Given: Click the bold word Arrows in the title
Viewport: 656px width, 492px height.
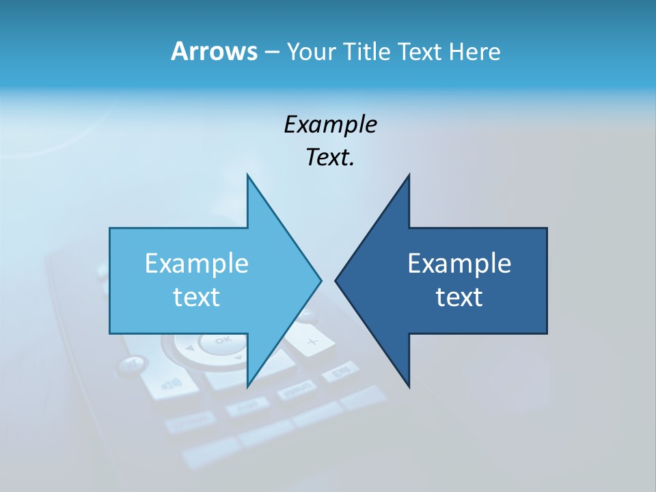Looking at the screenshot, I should [x=214, y=51].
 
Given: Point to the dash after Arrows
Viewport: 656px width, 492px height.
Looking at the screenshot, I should [x=271, y=52].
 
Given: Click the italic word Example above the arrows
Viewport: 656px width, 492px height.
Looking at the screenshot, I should [x=330, y=124].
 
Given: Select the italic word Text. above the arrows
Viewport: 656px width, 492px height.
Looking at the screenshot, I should [x=330, y=158].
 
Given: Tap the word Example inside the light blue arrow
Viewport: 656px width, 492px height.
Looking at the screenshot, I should [x=197, y=263].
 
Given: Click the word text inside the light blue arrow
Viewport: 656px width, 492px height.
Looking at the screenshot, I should [x=197, y=297].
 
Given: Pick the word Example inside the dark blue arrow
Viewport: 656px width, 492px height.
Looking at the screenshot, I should [x=459, y=263].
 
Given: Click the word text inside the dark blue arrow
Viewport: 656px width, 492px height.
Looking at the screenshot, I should [x=459, y=297].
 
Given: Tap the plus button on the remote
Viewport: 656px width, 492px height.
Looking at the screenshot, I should [x=311, y=341].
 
